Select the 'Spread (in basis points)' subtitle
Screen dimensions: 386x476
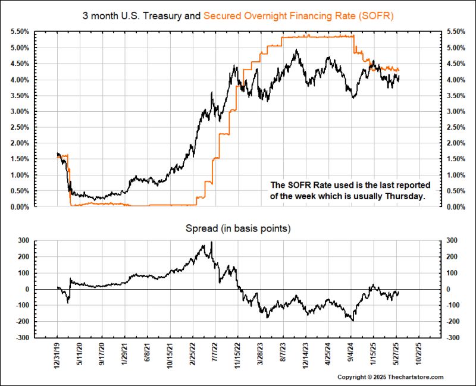[x=237, y=228]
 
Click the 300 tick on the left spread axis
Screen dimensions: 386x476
[x=24, y=241]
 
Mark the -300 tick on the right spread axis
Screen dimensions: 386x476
[x=449, y=338]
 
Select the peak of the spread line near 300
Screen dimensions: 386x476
[x=211, y=243]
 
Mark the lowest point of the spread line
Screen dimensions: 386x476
[x=353, y=321]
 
